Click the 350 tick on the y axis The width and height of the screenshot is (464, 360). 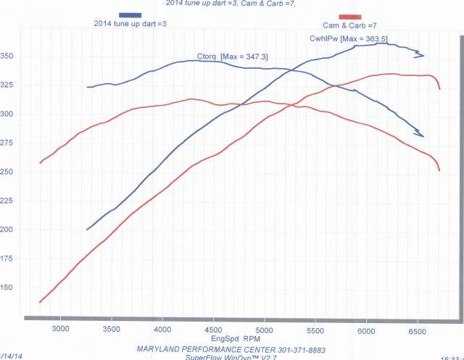7,56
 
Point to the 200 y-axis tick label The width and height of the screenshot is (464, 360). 7,230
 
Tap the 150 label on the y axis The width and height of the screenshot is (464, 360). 7,288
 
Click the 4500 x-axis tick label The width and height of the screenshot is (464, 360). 212,330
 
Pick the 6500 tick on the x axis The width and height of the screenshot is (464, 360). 418,330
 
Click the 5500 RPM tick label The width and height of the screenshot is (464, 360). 315,330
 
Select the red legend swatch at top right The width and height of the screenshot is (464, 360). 349,16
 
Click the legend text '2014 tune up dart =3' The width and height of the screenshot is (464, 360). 130,24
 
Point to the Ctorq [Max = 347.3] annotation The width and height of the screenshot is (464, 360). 228,56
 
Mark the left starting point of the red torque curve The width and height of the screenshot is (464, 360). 40,162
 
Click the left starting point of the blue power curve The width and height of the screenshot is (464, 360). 87,230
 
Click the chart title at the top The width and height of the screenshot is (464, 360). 231,3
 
